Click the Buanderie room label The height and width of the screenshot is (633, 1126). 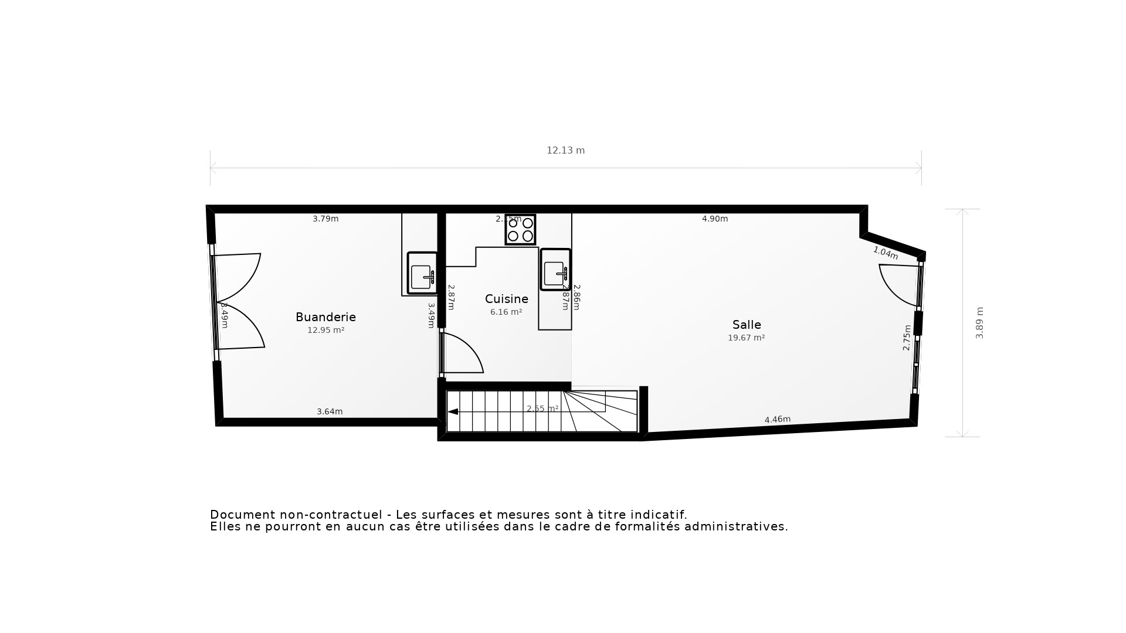[x=325, y=317]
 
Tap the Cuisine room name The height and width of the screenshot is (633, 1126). [x=506, y=299]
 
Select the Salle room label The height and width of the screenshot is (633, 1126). [x=747, y=325]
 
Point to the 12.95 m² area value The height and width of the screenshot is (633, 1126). [x=325, y=331]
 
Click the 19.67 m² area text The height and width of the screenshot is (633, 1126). [x=746, y=338]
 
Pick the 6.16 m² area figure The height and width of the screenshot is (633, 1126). [x=506, y=312]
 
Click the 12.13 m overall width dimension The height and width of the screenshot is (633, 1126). [x=565, y=151]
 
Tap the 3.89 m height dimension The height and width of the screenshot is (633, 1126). [x=979, y=323]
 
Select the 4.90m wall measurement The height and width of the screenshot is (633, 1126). [x=715, y=219]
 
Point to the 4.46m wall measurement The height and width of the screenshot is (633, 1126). [x=778, y=420]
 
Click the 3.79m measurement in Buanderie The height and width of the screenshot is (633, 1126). [x=325, y=219]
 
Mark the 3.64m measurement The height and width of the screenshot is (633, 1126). [x=330, y=412]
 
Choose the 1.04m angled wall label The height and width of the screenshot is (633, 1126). [x=886, y=253]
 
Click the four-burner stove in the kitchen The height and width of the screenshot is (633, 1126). [x=520, y=229]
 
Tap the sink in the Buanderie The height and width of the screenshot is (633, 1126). [x=422, y=273]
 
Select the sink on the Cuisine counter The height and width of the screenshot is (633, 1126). [x=555, y=270]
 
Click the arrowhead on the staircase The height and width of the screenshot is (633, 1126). [x=453, y=412]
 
